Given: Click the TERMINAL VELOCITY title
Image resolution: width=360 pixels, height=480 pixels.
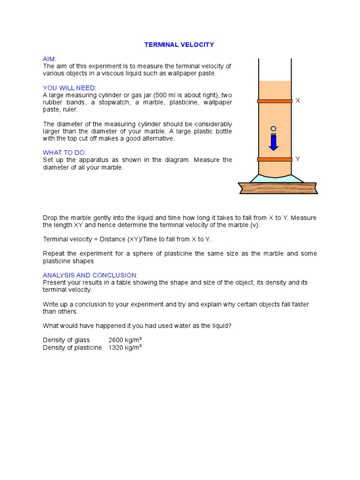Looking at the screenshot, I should pyautogui.click(x=179, y=45).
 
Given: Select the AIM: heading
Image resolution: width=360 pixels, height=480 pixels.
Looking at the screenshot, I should pyautogui.click(x=50, y=59).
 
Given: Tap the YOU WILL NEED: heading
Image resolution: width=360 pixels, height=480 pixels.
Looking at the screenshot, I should pyautogui.click(x=69, y=88).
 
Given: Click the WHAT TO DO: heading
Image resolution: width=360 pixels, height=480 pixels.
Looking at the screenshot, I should pyautogui.click(x=65, y=152).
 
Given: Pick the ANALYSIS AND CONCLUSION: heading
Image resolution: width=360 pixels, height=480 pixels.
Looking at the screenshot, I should pyautogui.click(x=90, y=275).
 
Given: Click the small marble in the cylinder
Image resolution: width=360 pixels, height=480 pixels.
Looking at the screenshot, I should pyautogui.click(x=273, y=129).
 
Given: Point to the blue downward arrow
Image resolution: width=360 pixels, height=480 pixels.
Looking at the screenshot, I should pyautogui.click(x=273, y=142).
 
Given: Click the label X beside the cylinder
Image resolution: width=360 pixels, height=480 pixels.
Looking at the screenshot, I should pyautogui.click(x=297, y=101).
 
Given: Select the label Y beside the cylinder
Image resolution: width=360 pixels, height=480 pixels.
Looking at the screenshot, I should pyautogui.click(x=297, y=159).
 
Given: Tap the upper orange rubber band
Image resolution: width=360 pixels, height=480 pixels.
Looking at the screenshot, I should pyautogui.click(x=275, y=101).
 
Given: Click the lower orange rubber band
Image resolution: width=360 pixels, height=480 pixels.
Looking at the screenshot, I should pyautogui.click(x=275, y=160).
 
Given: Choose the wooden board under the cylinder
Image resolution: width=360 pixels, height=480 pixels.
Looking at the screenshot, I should pyautogui.click(x=277, y=188).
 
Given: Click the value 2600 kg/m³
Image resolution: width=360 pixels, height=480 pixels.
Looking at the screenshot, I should pyautogui.click(x=125, y=340).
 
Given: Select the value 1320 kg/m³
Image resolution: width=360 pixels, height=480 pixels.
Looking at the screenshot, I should pyautogui.click(x=125, y=348).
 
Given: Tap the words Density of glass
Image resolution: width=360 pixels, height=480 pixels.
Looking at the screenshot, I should pyautogui.click(x=66, y=340).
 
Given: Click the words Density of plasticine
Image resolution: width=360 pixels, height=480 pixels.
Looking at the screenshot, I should pyautogui.click(x=72, y=348).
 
